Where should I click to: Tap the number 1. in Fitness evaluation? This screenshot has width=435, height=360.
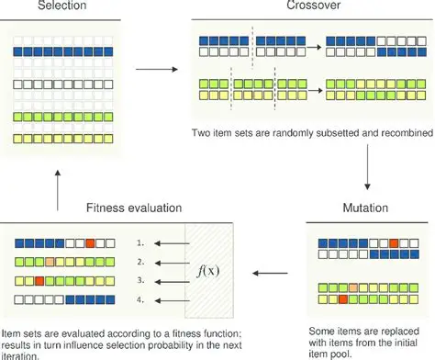coord(139,244)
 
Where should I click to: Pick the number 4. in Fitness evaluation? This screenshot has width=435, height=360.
coord(139,299)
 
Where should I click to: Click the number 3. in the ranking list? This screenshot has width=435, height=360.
coord(139,281)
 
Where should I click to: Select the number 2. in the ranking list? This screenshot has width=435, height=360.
coord(139,263)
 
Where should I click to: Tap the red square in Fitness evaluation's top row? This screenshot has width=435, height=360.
coord(89,243)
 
